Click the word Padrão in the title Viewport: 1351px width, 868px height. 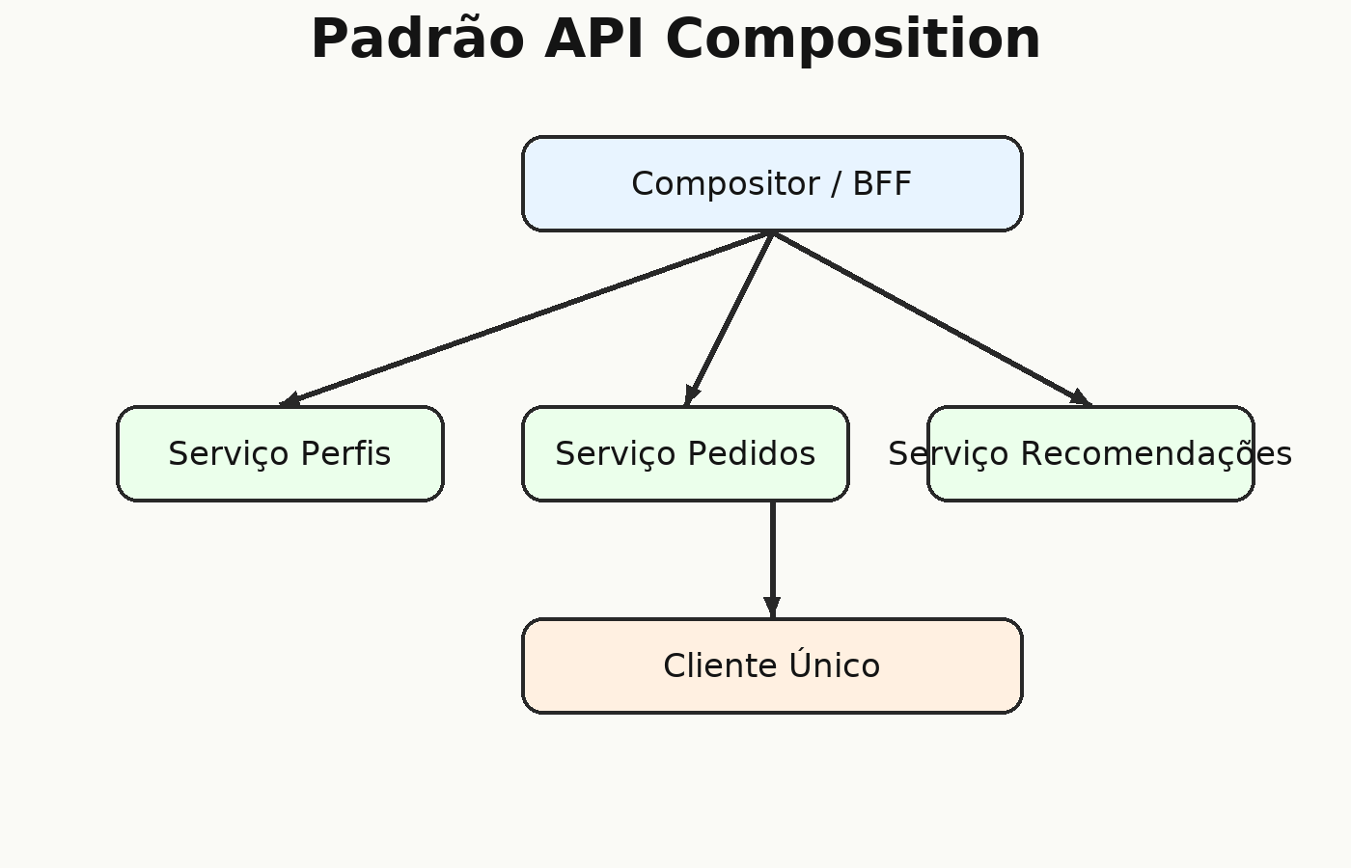(x=417, y=40)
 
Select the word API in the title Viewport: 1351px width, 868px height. (x=594, y=40)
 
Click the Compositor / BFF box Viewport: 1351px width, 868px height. (x=772, y=184)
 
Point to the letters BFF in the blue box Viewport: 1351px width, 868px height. (x=882, y=184)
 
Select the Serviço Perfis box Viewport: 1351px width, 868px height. (x=280, y=454)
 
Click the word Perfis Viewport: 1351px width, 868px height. (x=345, y=454)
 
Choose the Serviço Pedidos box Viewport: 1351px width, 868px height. (x=685, y=454)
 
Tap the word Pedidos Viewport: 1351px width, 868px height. (x=752, y=454)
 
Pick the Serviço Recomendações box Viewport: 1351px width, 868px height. (x=1090, y=454)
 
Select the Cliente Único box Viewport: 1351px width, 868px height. (x=772, y=666)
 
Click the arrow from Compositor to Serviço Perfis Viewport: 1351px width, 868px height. (x=526, y=319)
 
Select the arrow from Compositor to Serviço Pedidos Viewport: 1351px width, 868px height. (x=729, y=319)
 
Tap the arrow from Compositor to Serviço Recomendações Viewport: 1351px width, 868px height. (x=931, y=319)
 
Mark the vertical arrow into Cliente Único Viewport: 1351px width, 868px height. (x=773, y=560)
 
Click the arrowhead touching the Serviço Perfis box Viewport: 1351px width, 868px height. (x=290, y=399)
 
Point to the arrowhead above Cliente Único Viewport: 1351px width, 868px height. (x=773, y=608)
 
